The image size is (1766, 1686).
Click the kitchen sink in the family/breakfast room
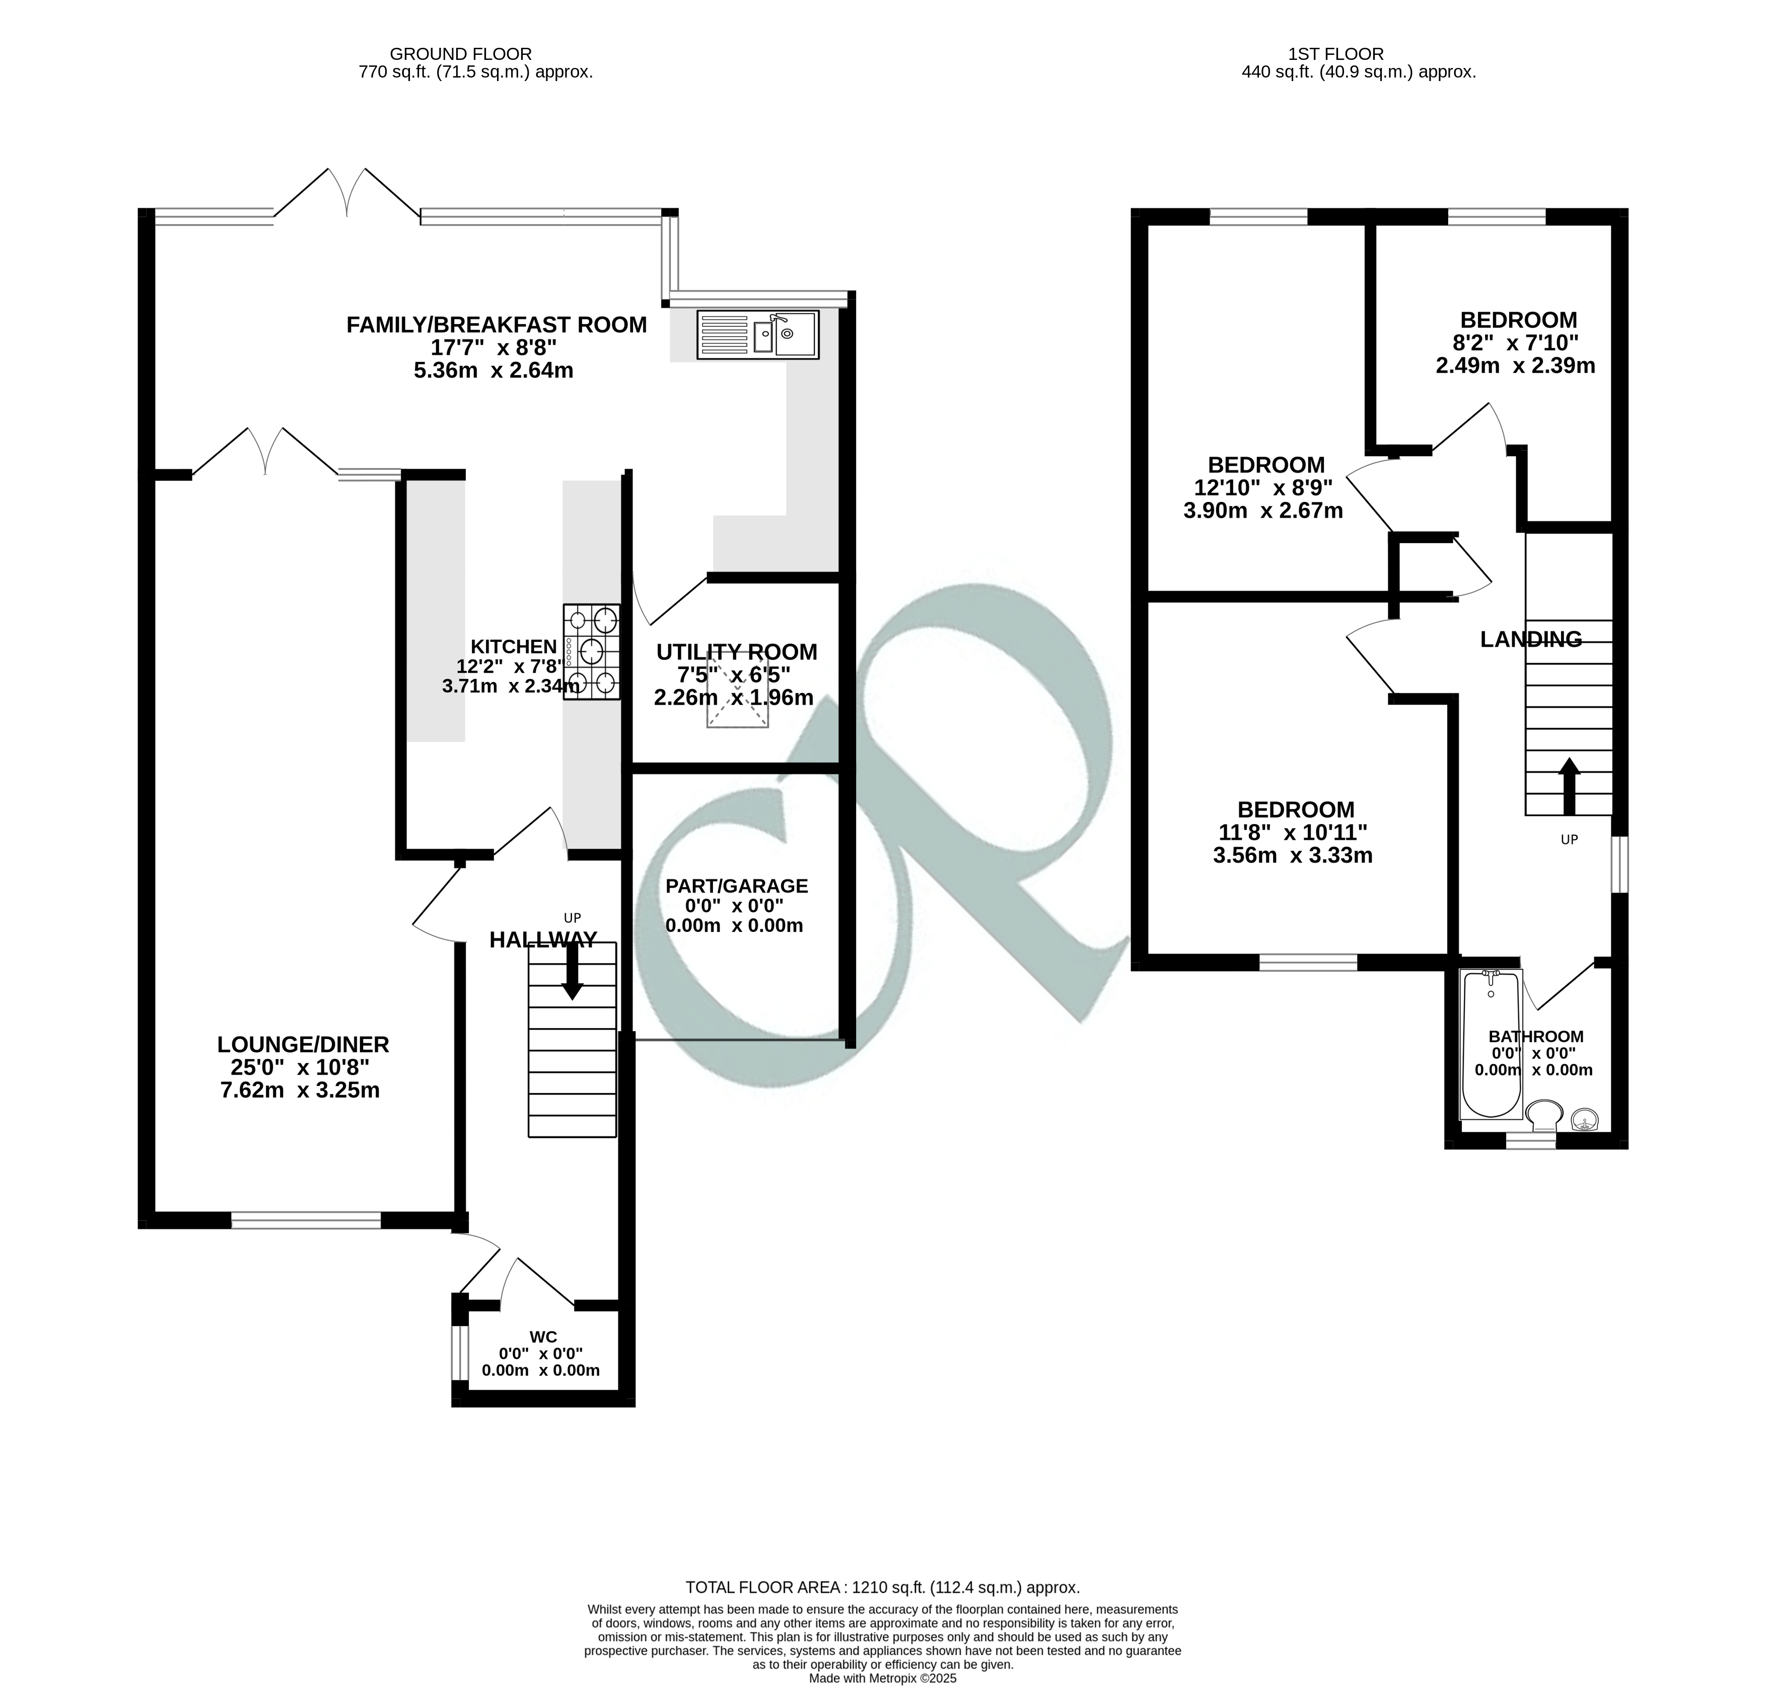click(757, 335)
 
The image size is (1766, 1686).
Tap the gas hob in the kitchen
click(591, 651)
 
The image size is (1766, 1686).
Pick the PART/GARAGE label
click(736, 886)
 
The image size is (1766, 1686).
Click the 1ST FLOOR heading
click(1359, 54)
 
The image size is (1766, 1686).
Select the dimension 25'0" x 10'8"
click(300, 1068)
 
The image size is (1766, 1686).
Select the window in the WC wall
click(460, 1353)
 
